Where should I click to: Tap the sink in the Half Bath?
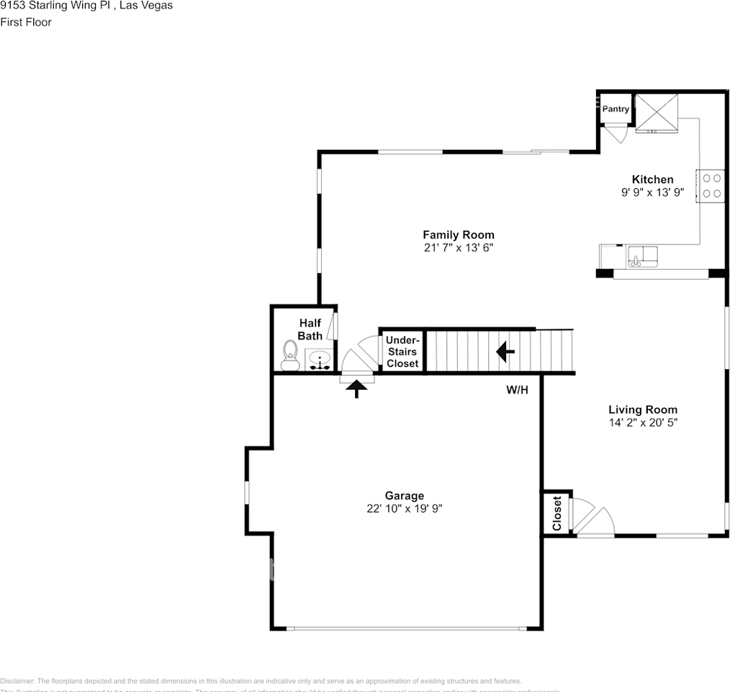318,358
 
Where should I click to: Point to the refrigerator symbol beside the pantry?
656,112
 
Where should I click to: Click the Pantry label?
616,109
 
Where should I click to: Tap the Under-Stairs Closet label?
402,352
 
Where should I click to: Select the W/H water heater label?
517,390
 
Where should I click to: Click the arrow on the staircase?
505,352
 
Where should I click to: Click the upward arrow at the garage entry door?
357,389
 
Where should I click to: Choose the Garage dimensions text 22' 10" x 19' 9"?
404,508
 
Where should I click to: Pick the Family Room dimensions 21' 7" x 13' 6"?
458,247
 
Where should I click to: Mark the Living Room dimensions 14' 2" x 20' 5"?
642,422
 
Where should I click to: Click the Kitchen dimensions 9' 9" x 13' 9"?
652,192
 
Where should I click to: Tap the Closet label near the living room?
556,513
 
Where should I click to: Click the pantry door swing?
616,133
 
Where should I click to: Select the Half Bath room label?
310,329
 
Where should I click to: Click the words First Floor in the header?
26,22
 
